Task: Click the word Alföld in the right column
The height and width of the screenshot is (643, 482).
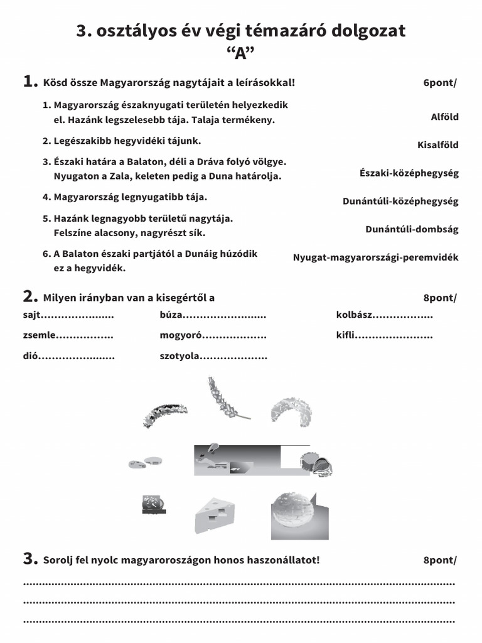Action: [x=444, y=117]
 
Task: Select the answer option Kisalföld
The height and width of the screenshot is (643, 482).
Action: [x=438, y=145]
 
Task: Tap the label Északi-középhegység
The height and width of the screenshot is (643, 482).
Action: [x=409, y=173]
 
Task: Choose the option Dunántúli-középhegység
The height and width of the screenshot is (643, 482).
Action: [x=400, y=201]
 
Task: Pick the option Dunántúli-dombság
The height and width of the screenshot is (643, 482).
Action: [x=412, y=229]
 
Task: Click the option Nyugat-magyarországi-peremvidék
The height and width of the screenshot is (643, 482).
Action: [x=375, y=257]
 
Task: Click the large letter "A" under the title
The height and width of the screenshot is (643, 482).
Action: [x=241, y=53]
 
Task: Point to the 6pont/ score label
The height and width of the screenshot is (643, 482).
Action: [x=439, y=83]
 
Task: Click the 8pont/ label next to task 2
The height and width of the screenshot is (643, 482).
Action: [x=439, y=298]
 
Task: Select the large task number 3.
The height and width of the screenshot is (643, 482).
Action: [x=30, y=558]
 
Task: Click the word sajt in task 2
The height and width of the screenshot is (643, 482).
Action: [x=32, y=315]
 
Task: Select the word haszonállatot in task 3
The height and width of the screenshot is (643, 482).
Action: [x=288, y=560]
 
